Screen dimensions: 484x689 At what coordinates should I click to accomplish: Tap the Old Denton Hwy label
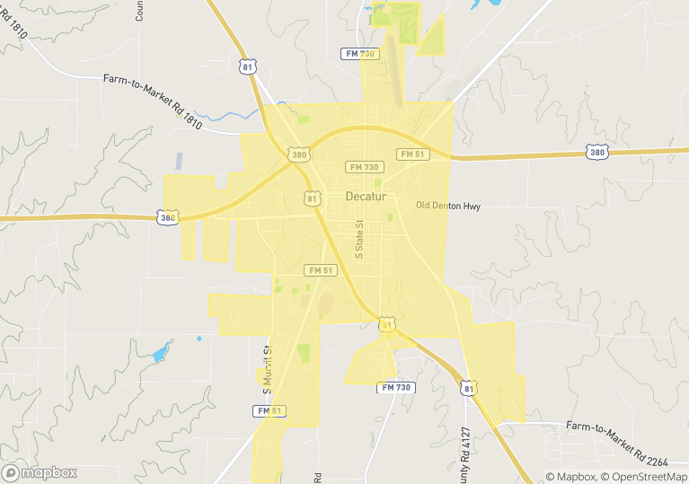[448, 206]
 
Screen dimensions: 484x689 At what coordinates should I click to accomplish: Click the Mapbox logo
[40, 472]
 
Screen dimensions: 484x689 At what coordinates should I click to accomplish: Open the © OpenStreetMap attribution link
[645, 477]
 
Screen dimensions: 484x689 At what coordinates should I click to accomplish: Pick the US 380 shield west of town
[167, 216]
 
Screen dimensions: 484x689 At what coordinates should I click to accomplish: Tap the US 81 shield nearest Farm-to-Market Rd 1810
[249, 66]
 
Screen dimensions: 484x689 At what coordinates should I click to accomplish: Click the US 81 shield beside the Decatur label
[311, 198]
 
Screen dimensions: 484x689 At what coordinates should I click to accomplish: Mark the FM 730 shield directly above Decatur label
[366, 167]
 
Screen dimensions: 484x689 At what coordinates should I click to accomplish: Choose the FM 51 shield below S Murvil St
[269, 410]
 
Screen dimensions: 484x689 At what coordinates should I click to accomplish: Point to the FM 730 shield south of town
[395, 387]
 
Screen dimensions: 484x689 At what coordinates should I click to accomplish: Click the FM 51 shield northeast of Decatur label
[412, 154]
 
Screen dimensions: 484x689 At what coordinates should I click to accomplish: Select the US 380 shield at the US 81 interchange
[299, 154]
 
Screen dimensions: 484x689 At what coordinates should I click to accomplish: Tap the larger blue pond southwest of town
[160, 353]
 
